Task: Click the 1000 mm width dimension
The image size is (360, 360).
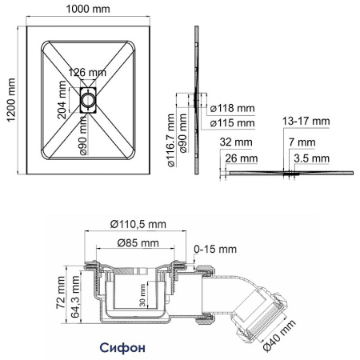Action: tap(90, 10)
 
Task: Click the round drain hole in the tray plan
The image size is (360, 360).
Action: tap(87, 101)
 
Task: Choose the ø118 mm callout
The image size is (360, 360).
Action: tap(231, 110)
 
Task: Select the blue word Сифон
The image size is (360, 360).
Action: tap(122, 348)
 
